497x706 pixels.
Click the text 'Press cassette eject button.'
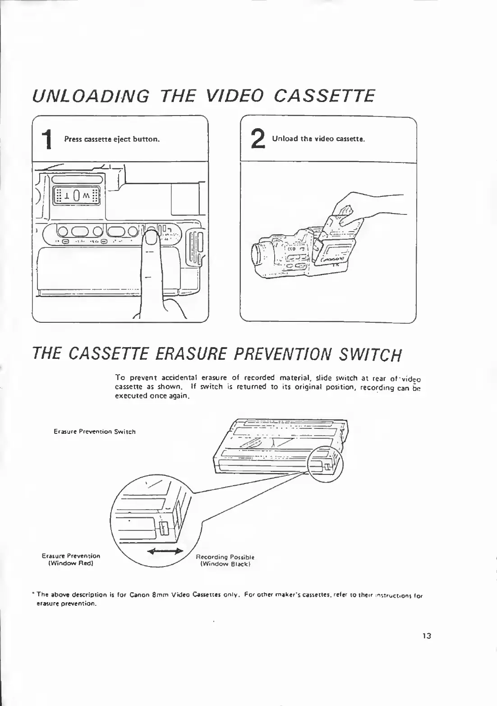[112, 139]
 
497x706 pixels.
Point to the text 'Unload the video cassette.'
[318, 139]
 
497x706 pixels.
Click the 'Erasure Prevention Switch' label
[95, 432]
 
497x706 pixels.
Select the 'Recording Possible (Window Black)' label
[225, 560]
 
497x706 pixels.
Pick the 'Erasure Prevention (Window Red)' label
[71, 560]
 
